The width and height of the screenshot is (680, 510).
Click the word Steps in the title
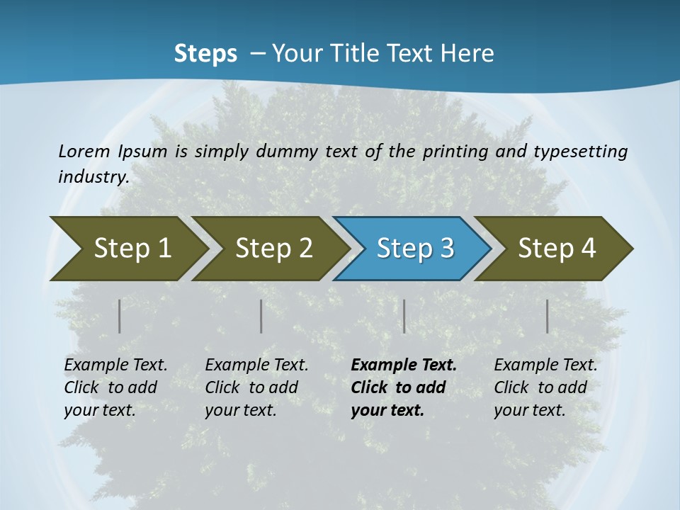coord(205,54)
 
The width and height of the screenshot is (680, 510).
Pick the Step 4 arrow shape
coord(554,248)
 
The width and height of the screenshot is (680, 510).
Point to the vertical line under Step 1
coord(120,316)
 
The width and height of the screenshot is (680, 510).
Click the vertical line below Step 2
coord(261,316)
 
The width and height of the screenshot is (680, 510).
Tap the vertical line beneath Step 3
coord(404,316)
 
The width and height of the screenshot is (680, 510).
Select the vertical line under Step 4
coord(548,316)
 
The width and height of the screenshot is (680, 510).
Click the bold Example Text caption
coord(404,387)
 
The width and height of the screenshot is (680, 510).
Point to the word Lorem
coord(84,151)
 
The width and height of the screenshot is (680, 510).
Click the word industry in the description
coord(92,176)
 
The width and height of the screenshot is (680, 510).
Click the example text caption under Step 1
coord(115,387)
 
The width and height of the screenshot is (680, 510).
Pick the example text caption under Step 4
coord(545,387)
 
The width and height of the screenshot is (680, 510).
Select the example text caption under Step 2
coord(256,387)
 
